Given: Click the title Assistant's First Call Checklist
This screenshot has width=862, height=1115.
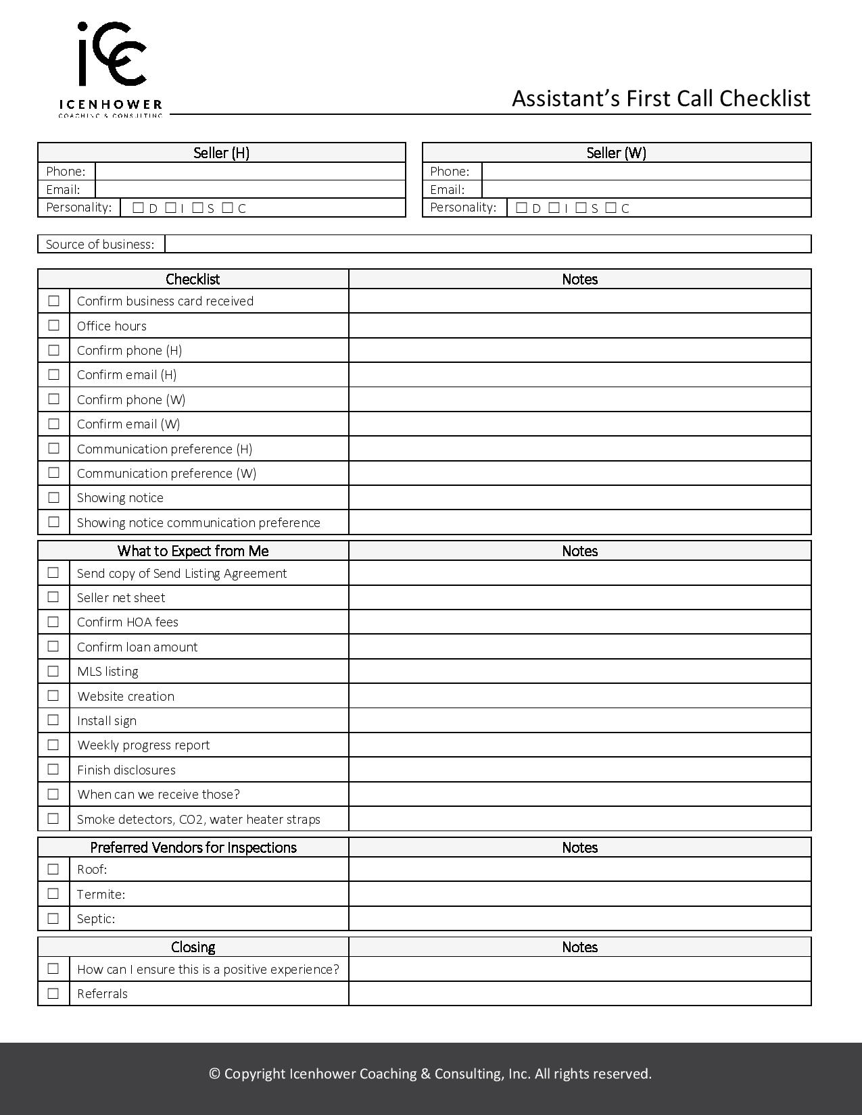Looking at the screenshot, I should pyautogui.click(x=661, y=99).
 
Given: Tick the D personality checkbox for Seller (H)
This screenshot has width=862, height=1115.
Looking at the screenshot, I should pyautogui.click(x=139, y=208).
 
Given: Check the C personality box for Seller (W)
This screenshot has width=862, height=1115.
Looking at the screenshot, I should pyautogui.click(x=611, y=208).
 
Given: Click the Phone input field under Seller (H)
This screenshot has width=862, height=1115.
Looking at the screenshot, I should pyautogui.click(x=249, y=172).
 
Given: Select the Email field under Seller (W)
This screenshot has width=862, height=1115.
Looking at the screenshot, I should pyautogui.click(x=646, y=190).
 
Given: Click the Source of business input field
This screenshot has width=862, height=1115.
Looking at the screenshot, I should pyautogui.click(x=487, y=244).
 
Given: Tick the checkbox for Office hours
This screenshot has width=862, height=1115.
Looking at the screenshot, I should pyautogui.click(x=54, y=326).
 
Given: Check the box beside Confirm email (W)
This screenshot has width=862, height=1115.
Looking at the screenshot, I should pyautogui.click(x=54, y=424).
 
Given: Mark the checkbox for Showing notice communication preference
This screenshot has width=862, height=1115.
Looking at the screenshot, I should pyautogui.click(x=54, y=522).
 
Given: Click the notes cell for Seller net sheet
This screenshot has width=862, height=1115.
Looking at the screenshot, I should pyautogui.click(x=579, y=597).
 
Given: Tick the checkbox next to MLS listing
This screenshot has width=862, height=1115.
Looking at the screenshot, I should pyautogui.click(x=54, y=671).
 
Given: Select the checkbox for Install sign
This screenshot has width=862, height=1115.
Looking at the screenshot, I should pyautogui.click(x=54, y=720).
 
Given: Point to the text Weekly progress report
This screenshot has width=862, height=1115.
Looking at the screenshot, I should pyautogui.click(x=143, y=745).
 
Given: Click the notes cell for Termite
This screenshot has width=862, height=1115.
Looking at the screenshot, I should pyautogui.click(x=579, y=893).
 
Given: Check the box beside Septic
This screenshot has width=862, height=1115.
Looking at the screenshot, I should pyautogui.click(x=54, y=918).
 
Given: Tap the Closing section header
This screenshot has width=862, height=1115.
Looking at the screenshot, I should pyautogui.click(x=193, y=947).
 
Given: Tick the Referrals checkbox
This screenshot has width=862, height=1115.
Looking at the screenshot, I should pyautogui.click(x=54, y=993).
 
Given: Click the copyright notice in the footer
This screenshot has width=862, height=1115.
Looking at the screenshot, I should pyautogui.click(x=431, y=1074).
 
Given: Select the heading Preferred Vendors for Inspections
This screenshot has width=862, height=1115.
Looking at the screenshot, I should pyautogui.click(x=193, y=847).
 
